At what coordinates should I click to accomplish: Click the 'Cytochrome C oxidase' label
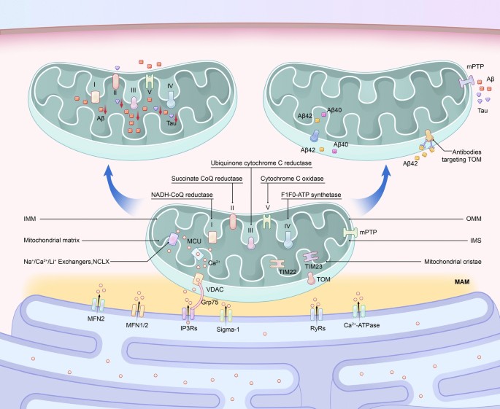coord(292,177)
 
